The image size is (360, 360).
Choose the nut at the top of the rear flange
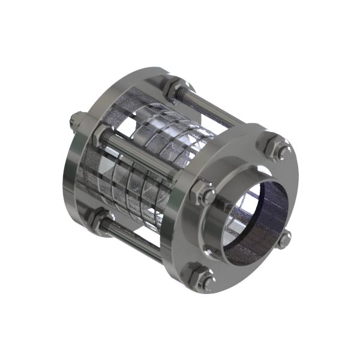(172, 86)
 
